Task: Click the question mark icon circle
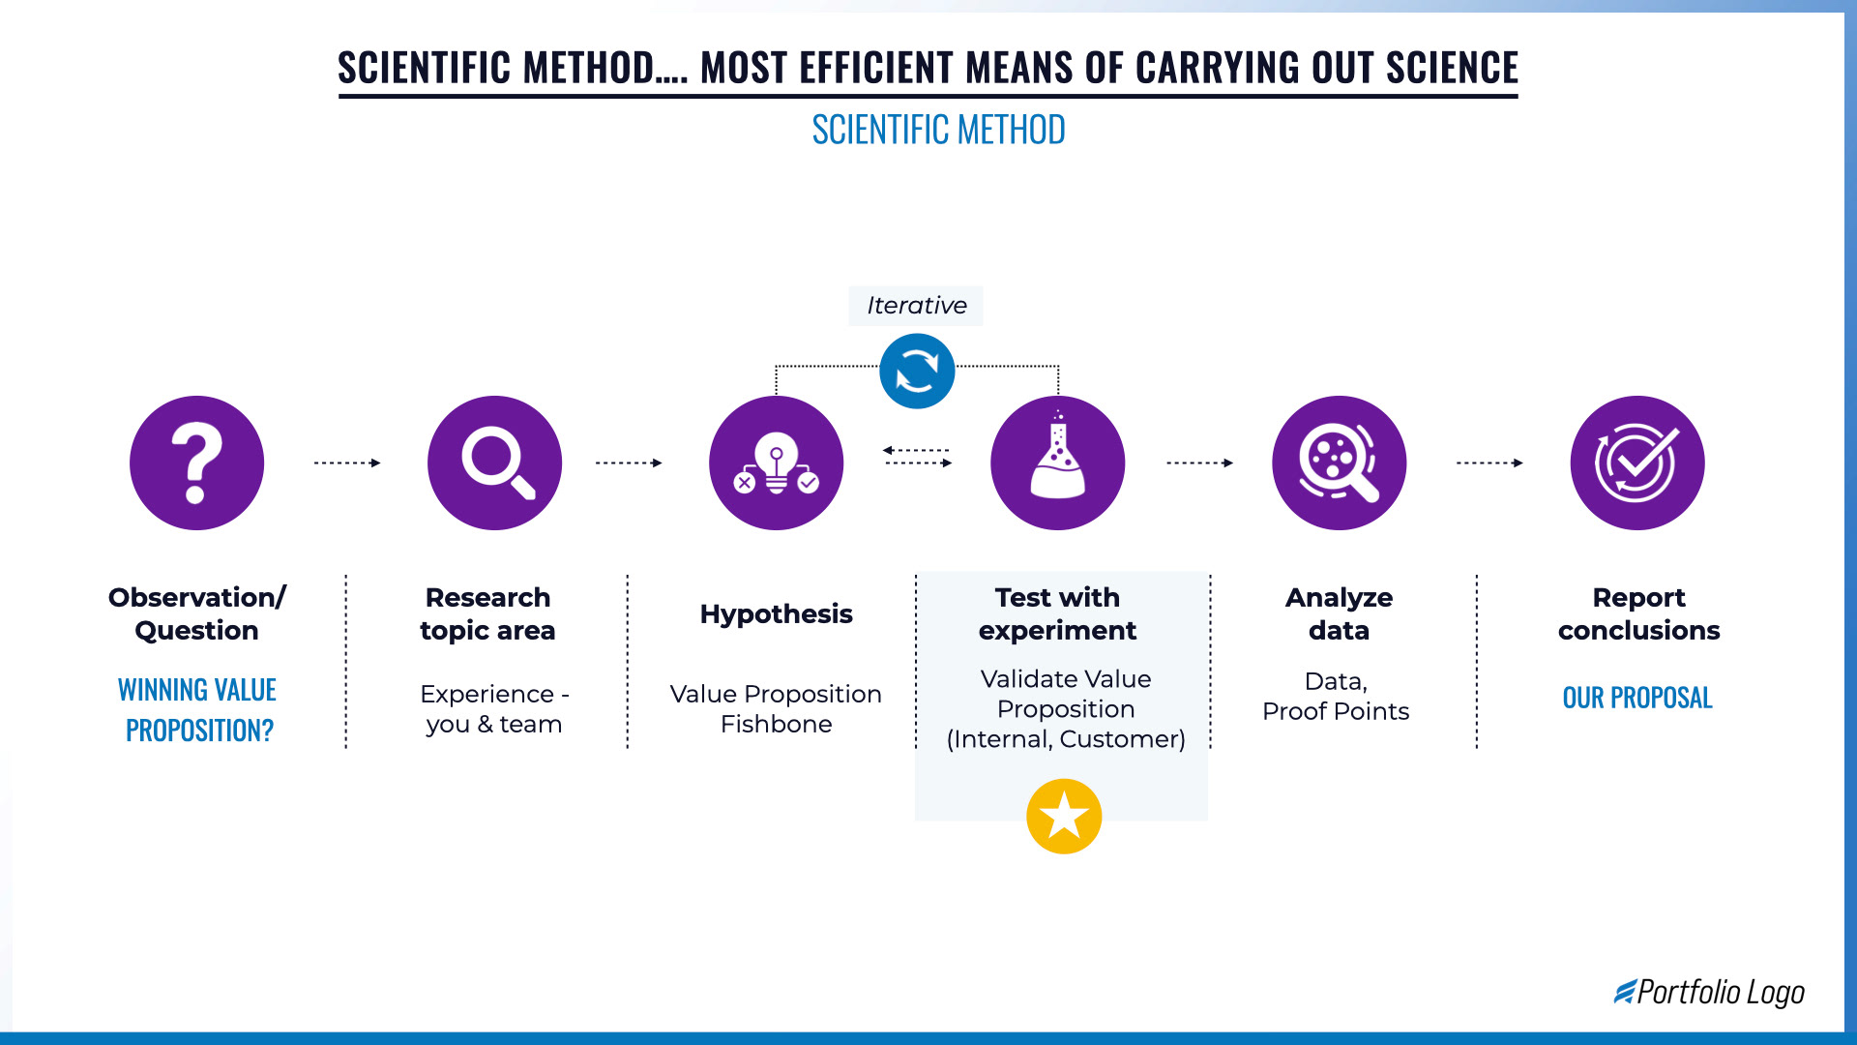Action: click(196, 463)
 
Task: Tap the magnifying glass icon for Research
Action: click(494, 463)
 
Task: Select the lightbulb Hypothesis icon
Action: click(776, 463)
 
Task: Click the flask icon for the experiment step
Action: click(1057, 463)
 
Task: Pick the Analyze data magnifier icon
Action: click(1339, 463)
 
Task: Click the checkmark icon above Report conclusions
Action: click(1636, 463)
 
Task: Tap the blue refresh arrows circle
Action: click(917, 371)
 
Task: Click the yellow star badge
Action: click(1064, 816)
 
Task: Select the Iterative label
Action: click(916, 306)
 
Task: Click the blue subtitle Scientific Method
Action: click(938, 130)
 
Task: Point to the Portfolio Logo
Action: click(1709, 992)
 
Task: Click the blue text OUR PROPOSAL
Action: click(1636, 698)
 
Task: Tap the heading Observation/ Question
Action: click(196, 613)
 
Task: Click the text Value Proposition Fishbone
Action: click(776, 708)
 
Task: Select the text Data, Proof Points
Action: click(1336, 696)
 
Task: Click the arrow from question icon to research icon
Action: click(347, 463)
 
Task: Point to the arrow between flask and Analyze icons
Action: click(1199, 463)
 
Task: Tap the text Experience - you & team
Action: click(494, 708)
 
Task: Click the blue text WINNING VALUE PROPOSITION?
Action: click(197, 709)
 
